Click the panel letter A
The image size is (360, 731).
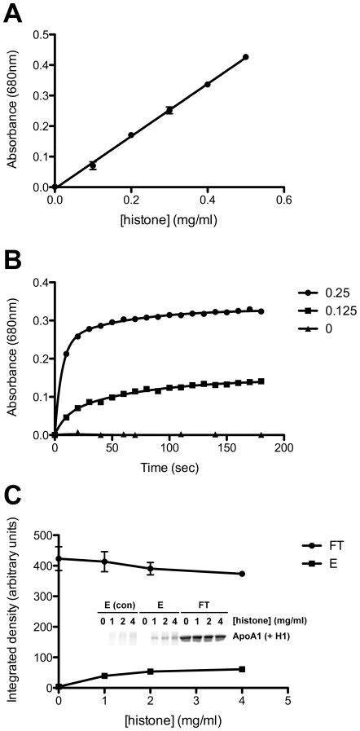[14, 15]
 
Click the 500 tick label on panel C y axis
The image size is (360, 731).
[38, 535]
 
